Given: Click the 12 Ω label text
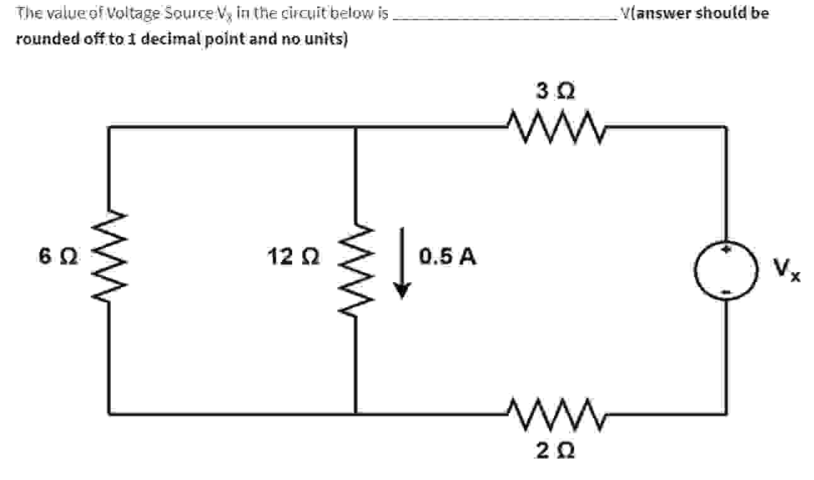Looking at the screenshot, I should click(x=293, y=256).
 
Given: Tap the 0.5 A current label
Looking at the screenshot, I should click(x=448, y=256).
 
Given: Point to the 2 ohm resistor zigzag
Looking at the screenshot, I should click(x=551, y=414).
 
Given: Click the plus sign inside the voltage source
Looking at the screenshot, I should click(x=726, y=251).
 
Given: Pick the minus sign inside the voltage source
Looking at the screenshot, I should click(x=726, y=290).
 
